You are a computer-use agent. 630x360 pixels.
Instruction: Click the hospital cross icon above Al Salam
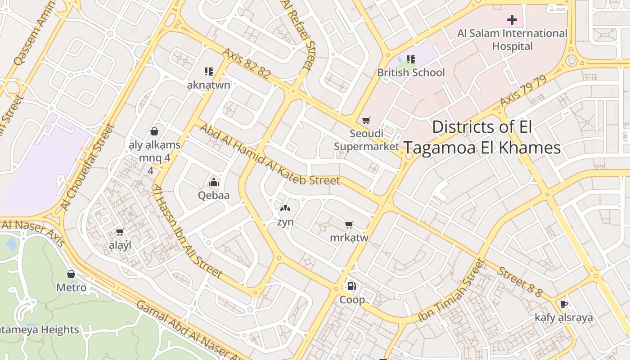tap(512, 20)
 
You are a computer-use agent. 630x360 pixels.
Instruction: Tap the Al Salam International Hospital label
tap(512, 40)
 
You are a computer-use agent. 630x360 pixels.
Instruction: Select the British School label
tap(410, 72)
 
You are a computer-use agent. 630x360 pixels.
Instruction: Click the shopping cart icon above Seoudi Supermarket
tap(366, 120)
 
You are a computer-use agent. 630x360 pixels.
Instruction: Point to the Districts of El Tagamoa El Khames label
tap(482, 137)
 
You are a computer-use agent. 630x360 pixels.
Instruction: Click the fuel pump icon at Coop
tap(351, 286)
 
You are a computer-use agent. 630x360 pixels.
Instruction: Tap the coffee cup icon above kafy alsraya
tap(563, 305)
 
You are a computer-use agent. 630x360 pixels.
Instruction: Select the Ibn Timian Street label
tap(451, 291)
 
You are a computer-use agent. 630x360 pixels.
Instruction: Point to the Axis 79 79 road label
tap(523, 91)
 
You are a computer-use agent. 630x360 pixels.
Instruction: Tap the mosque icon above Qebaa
tap(214, 182)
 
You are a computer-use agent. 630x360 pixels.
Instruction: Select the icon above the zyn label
tap(285, 208)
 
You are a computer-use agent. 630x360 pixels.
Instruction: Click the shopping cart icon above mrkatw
tap(349, 225)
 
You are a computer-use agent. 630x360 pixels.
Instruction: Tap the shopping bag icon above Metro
tap(71, 274)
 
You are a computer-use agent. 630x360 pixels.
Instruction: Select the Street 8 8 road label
tap(519, 282)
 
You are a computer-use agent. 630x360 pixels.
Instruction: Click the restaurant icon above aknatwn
tap(208, 72)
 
